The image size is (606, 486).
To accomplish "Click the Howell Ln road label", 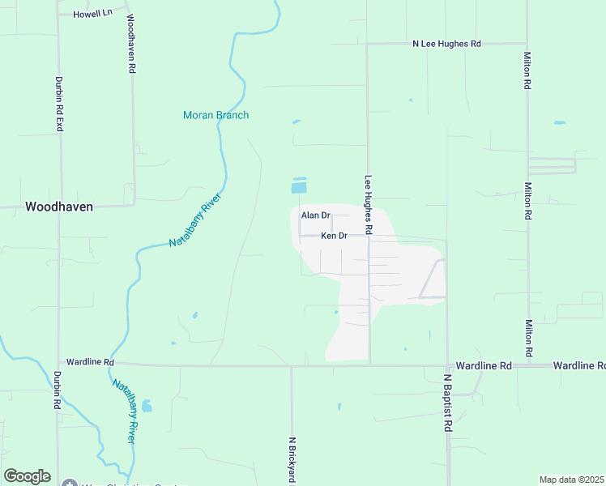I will [x=92, y=14].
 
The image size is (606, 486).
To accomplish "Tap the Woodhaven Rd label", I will [x=130, y=45].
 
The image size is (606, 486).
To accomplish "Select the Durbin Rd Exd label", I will [x=58, y=104].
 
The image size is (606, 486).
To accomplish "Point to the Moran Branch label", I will [x=216, y=115].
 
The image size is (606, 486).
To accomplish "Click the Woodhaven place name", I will [x=58, y=207].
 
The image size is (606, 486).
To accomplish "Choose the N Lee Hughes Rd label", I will [x=446, y=44].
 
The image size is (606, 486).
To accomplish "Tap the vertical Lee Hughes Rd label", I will [x=368, y=206].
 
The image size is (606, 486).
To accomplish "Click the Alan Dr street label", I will [x=315, y=215].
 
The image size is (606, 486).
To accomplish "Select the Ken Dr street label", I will [x=334, y=236].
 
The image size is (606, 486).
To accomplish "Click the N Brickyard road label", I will [x=291, y=460].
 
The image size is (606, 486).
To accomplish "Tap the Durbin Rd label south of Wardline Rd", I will [x=57, y=390].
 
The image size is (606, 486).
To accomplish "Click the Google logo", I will [x=27, y=476].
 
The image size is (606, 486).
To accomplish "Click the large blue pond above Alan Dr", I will [x=299, y=187].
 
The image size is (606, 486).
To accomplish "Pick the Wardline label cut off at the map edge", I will [x=579, y=366].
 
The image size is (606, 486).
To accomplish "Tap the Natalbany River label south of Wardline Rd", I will [x=124, y=411].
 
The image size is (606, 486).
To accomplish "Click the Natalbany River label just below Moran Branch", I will [x=195, y=220].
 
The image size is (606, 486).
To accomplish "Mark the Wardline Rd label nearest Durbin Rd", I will [x=90, y=362].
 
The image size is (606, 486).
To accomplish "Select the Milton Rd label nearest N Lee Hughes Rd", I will [x=527, y=70].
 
